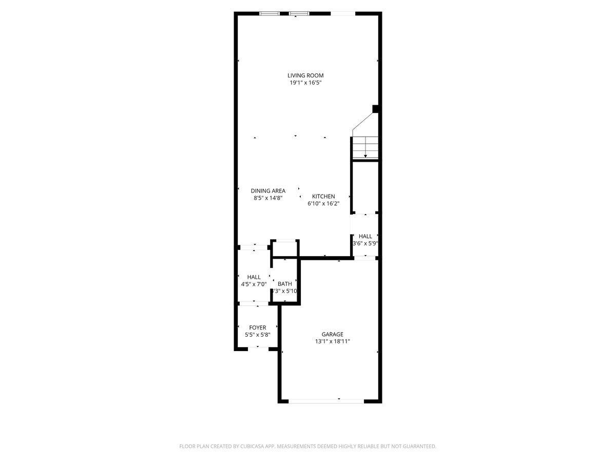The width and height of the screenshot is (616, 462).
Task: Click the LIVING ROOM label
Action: pos(305,75)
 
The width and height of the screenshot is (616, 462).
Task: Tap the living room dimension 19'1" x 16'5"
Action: pos(305,83)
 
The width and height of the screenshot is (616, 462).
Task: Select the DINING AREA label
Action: pos(268,191)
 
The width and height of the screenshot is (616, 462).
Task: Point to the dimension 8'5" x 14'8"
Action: pos(268,198)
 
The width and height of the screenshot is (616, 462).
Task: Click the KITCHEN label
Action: pos(323,197)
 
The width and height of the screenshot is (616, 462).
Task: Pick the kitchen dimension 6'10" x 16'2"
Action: pos(323,203)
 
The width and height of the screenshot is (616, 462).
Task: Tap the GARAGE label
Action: pos(333,334)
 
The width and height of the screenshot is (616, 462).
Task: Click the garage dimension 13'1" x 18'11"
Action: pos(333,341)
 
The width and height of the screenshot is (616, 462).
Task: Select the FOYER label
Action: pos(258,328)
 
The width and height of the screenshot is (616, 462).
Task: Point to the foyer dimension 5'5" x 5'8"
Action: pos(258,335)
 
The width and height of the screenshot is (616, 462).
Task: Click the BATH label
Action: pos(285,284)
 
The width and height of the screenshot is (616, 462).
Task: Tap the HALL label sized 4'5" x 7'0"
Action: pos(254,277)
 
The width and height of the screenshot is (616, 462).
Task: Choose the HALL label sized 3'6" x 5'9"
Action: pos(365,236)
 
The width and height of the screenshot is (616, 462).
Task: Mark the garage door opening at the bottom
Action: pos(326,401)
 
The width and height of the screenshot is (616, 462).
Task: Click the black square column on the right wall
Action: pos(376,109)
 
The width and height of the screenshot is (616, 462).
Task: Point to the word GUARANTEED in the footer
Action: pos(415,447)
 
